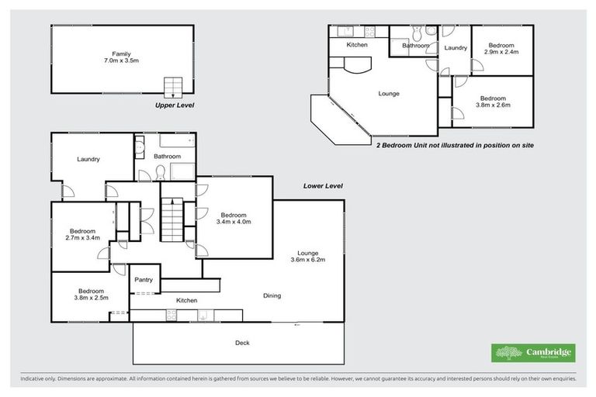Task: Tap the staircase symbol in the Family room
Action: pos(172,86)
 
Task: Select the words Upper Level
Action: pos(175,105)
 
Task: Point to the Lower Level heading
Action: pos(322,186)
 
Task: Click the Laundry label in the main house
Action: pos(88,160)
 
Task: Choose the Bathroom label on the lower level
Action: pos(167,156)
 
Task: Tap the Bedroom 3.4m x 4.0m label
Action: pos(234,219)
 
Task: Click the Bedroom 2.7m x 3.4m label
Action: pos(82,235)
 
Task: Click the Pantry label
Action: pos(144,280)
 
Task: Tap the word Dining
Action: pos(271,295)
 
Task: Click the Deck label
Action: pos(242,343)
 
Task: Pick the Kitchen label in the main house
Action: pos(186,300)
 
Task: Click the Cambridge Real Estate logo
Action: pos(533,353)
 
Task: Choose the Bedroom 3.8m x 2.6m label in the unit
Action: pos(493,102)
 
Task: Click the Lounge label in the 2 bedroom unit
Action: pos(389,94)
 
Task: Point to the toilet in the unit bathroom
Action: pos(418,34)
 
